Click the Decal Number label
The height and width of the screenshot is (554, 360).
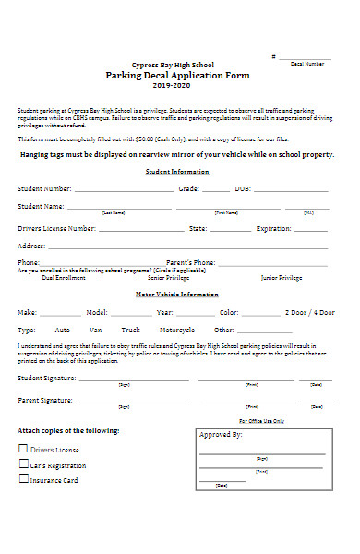(307, 64)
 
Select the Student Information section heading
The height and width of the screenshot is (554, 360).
(177, 172)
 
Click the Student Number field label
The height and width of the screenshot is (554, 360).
(44, 188)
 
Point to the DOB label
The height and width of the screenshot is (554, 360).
(243, 188)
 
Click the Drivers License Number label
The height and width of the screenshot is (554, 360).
(56, 227)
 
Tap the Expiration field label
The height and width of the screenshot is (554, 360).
(273, 227)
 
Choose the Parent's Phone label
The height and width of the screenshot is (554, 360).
(191, 262)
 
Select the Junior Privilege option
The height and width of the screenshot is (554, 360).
(282, 277)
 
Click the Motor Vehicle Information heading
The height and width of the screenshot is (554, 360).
(178, 295)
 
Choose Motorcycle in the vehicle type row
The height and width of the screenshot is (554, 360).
(176, 330)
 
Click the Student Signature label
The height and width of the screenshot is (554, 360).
(48, 378)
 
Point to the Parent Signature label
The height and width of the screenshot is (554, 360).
(46, 401)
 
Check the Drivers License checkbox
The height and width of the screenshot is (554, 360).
(23, 449)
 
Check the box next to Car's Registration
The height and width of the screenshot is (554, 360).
(23, 464)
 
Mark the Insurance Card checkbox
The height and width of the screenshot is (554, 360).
(23, 480)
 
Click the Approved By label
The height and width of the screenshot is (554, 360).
(221, 434)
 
